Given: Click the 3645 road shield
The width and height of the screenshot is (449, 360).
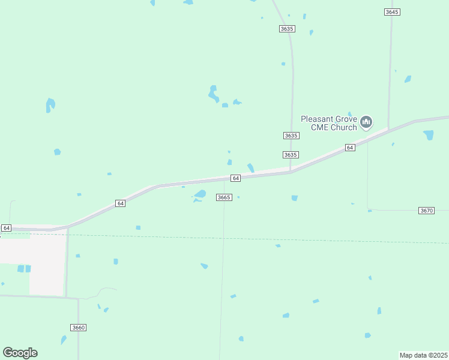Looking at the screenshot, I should [x=392, y=12].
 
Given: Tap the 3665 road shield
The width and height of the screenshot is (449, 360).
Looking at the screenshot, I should [x=224, y=197].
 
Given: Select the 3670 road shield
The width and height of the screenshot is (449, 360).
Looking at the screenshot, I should [x=426, y=211].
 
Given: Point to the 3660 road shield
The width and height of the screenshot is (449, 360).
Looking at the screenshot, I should [x=78, y=328].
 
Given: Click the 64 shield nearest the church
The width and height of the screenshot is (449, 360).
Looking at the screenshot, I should [x=350, y=148].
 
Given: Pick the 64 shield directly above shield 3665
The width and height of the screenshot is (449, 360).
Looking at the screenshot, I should [x=235, y=178].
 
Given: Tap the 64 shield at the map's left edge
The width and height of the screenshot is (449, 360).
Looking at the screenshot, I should [x=6, y=228].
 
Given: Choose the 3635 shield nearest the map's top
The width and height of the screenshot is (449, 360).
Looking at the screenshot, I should [x=287, y=29].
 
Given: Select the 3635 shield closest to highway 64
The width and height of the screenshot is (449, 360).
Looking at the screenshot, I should [x=291, y=155].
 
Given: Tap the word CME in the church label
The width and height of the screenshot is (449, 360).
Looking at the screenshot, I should [x=320, y=127].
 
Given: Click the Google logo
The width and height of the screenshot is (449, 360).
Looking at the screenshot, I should [x=20, y=352].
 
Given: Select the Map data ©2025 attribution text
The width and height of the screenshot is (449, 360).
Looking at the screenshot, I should [x=424, y=355].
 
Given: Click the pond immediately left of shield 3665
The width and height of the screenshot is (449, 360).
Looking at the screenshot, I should [x=200, y=194].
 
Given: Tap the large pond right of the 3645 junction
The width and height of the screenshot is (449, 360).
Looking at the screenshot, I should [x=429, y=135].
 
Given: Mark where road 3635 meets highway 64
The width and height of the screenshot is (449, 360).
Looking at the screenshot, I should [x=291, y=172].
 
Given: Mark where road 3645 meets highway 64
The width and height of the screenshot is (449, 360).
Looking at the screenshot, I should [x=389, y=128].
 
